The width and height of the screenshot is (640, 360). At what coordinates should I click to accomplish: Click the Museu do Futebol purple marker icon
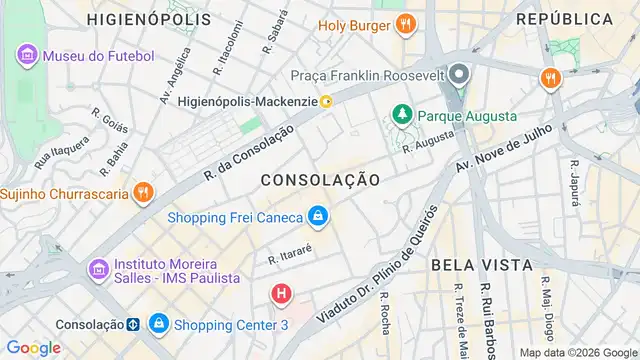(x=27, y=55)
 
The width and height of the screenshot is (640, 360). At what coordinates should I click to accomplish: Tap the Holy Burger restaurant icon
(x=405, y=24)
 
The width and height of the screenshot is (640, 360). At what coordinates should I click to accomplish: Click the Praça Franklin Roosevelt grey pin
(x=459, y=75)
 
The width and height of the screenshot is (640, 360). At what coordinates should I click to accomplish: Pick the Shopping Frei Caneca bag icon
(x=317, y=216)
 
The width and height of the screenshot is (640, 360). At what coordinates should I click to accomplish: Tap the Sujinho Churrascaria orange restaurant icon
(x=144, y=192)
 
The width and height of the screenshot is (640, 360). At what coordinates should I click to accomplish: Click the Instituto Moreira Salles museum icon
(x=98, y=269)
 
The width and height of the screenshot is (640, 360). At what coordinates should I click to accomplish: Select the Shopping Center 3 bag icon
(x=159, y=324)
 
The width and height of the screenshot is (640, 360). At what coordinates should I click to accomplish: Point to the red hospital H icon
(x=283, y=295)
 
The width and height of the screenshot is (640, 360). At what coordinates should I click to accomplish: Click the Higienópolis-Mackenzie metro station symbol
(x=326, y=101)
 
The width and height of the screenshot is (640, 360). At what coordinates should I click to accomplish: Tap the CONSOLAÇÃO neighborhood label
(x=320, y=180)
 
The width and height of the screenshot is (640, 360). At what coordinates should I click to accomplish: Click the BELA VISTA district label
(x=481, y=265)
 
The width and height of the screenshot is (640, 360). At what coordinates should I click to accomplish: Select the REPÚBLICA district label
(x=565, y=19)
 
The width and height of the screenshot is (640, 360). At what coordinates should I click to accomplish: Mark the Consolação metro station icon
(x=132, y=324)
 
